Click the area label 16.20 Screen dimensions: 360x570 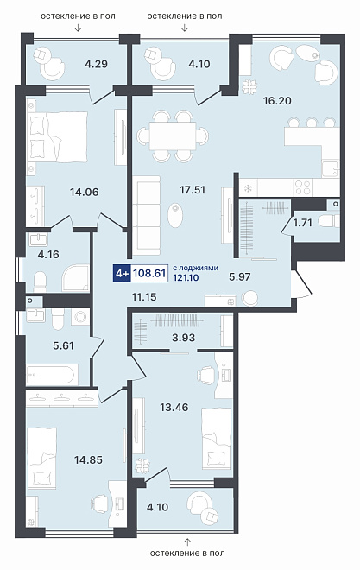click(x=277, y=101)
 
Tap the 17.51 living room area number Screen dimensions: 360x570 click(x=193, y=189)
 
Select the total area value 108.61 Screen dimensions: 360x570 click(x=149, y=273)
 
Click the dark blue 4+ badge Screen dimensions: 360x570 click(x=122, y=273)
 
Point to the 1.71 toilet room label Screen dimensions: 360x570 click(x=303, y=223)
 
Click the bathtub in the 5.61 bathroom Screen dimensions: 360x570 click(x=52, y=375)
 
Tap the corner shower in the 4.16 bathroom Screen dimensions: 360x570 click(x=75, y=278)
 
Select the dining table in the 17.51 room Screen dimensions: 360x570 click(x=173, y=136)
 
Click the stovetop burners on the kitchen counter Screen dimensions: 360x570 click(x=303, y=187)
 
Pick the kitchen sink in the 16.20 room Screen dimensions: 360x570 click(x=331, y=168)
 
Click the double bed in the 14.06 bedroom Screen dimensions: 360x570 click(x=58, y=136)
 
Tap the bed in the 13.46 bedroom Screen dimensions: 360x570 click(x=217, y=439)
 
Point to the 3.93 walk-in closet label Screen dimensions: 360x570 click(x=183, y=338)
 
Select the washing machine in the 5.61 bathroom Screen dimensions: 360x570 click(x=80, y=317)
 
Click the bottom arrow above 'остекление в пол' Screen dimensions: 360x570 click(x=187, y=542)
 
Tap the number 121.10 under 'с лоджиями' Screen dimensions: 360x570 click(x=186, y=278)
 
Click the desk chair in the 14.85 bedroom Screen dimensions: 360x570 click(x=100, y=504)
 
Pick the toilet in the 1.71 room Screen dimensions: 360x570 click(x=328, y=220)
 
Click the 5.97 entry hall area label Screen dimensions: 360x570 click(x=240, y=277)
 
